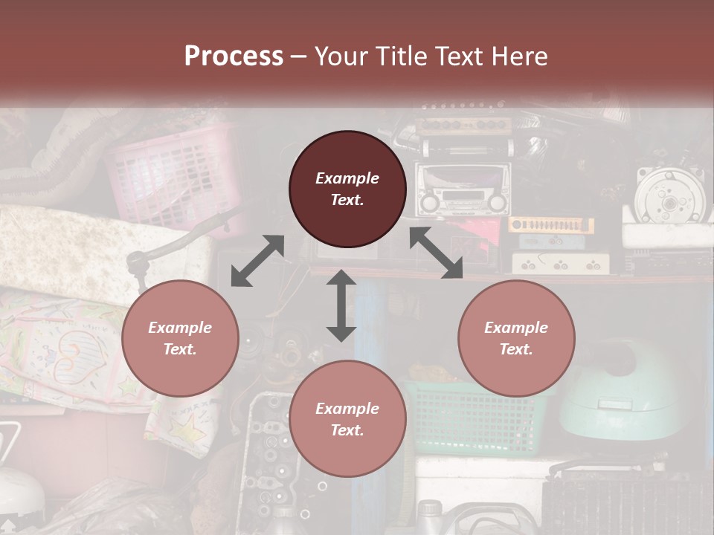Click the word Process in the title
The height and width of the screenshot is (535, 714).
pos(234,56)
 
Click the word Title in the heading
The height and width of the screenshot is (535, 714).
pos(402,56)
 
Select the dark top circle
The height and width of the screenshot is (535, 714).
pos(347,189)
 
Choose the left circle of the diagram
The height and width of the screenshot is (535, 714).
pos(180,338)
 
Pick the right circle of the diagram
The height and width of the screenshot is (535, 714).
pos(516,338)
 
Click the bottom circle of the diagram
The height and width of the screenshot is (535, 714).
pos(347,418)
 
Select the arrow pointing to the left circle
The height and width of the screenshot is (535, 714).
pos(257,261)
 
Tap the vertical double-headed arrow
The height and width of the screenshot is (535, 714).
pos(341,305)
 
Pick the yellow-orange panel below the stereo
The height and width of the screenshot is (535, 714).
pos(550,224)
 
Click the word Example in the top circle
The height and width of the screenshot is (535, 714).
pos(347,178)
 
